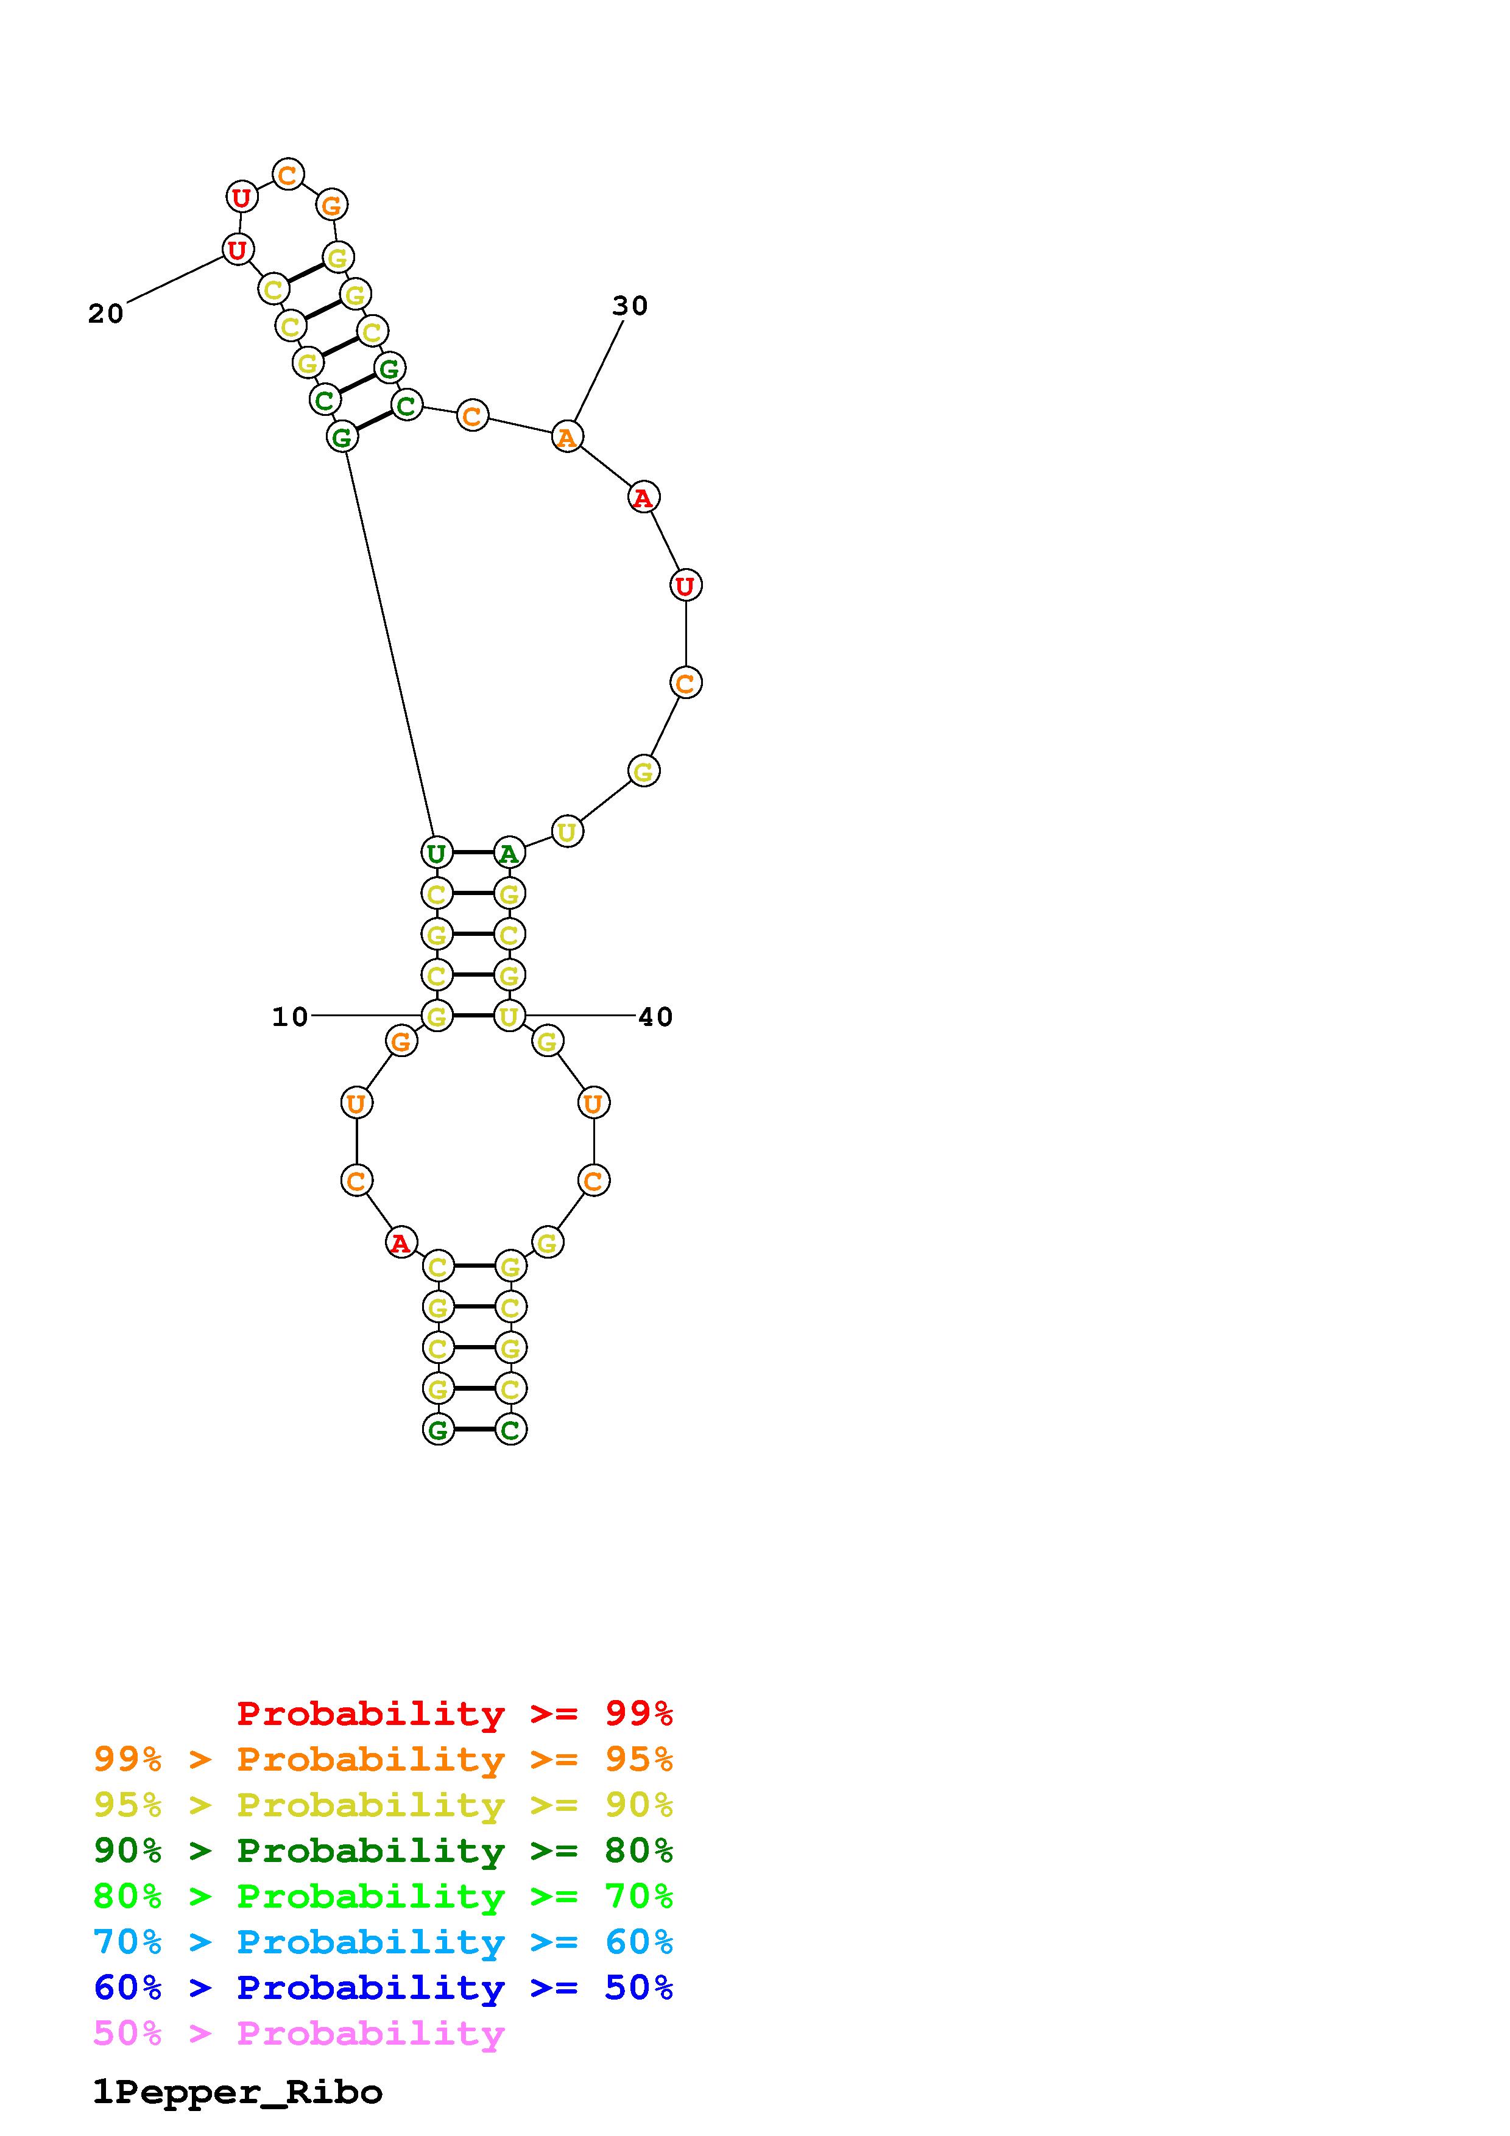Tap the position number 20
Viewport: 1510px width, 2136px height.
coord(106,314)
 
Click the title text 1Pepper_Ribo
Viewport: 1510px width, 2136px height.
coord(237,2092)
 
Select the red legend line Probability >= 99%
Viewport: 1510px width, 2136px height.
coord(455,1713)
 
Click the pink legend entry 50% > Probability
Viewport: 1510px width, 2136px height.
coord(298,2032)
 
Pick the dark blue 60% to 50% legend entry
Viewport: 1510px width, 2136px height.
coord(383,1987)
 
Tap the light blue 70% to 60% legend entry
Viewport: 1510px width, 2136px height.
coord(383,1942)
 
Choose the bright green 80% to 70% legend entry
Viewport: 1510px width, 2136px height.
coord(383,1896)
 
